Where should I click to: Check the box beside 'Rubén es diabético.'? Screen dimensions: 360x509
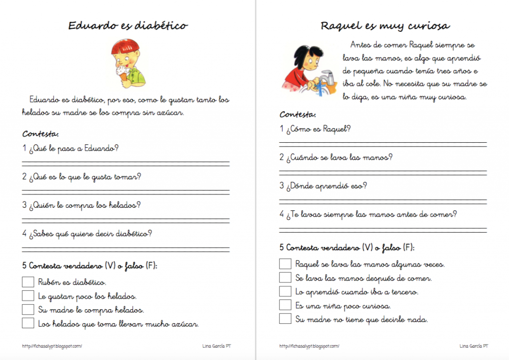[28, 282]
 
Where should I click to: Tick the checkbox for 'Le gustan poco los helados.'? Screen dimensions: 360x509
[28, 296]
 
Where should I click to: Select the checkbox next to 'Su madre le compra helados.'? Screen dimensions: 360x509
[28, 309]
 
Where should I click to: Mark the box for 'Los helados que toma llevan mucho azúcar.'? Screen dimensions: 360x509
[28, 323]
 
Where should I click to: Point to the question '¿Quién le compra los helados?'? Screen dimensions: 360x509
[82, 205]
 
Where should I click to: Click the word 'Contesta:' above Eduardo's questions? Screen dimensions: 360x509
[41, 134]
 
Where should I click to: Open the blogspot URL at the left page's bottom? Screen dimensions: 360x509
[52, 346]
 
